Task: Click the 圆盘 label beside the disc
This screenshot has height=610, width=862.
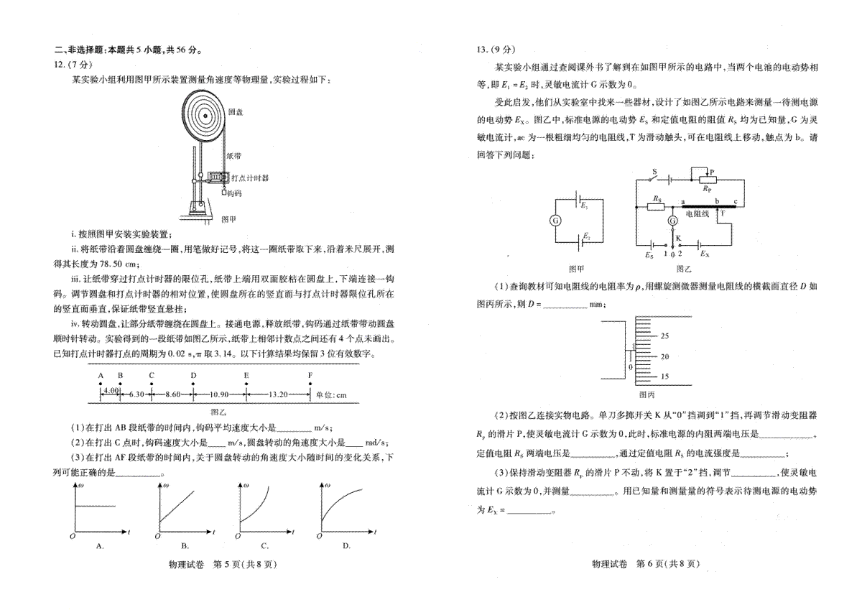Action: [236, 112]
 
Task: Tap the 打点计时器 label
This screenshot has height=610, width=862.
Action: [250, 177]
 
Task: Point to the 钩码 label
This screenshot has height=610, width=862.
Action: [234, 193]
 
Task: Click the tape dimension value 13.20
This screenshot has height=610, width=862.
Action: [278, 394]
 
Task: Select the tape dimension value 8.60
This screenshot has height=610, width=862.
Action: [173, 394]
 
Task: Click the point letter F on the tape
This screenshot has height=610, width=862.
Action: [310, 375]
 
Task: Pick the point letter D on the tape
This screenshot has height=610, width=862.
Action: [193, 375]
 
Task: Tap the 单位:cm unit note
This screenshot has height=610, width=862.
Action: [331, 395]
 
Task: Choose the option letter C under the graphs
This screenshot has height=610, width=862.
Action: [264, 546]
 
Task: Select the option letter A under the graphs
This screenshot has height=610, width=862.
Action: [100, 546]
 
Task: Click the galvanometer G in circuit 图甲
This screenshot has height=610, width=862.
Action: [555, 221]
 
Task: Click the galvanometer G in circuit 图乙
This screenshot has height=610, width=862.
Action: [672, 221]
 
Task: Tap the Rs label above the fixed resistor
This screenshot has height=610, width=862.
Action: [657, 198]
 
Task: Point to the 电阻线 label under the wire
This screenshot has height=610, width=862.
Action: [697, 214]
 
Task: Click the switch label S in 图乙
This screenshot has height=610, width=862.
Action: [654, 172]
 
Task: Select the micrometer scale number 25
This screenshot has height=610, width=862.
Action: [664, 336]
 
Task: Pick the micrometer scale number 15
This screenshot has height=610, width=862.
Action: [664, 376]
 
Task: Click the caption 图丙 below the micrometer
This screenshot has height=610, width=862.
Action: [646, 395]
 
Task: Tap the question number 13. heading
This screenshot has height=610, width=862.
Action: [483, 50]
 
